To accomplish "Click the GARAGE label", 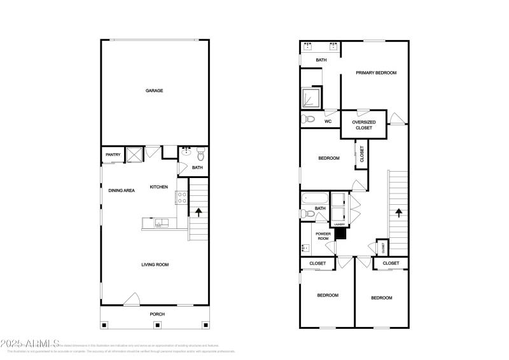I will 154,91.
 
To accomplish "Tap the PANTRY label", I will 113,155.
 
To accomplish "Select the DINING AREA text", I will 121,190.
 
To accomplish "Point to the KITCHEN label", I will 158,187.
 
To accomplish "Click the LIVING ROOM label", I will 155,264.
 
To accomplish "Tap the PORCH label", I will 157,314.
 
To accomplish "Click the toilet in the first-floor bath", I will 200,154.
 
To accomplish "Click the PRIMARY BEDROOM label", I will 376,73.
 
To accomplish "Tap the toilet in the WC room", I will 309,119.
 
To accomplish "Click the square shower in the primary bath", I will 310,97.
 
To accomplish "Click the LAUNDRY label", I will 338,224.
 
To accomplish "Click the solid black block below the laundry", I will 340,233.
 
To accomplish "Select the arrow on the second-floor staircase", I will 399,213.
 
